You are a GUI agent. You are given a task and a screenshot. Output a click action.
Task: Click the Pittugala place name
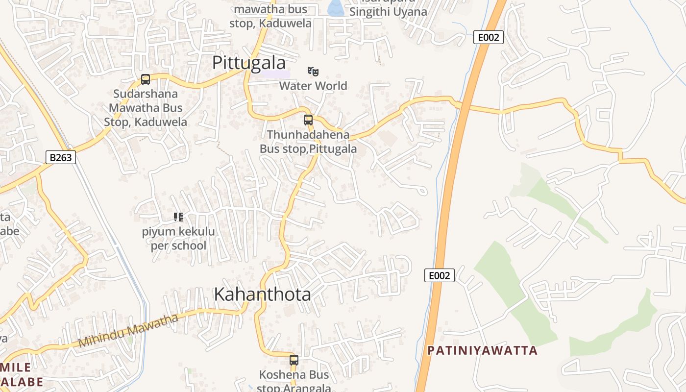tap(249, 63)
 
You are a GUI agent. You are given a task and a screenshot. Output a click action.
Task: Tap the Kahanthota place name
tap(263, 294)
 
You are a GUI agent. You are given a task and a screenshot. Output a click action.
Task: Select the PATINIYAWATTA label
tap(483, 351)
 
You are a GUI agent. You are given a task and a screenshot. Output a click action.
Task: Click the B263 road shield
tap(61, 157)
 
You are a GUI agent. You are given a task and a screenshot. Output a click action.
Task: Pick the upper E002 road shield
tap(489, 37)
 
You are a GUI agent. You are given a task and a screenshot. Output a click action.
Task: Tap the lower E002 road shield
tap(440, 275)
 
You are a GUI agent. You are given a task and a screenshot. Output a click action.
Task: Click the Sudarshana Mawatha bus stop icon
tap(146, 79)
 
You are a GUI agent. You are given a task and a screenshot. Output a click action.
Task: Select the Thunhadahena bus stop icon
tap(308, 120)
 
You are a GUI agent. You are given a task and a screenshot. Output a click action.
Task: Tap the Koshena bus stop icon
tap(294, 360)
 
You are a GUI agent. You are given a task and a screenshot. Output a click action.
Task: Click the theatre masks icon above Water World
tap(313, 72)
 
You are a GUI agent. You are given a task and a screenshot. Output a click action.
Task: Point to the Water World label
tap(313, 86)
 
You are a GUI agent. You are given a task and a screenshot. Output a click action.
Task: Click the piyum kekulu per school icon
tap(178, 217)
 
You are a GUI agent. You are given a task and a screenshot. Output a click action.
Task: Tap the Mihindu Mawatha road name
tap(128, 331)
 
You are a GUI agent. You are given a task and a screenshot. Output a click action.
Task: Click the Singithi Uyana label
tap(388, 12)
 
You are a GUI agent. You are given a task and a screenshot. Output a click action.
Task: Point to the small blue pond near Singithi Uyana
tap(336, 7)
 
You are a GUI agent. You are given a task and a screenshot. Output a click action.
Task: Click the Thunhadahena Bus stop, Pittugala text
tap(308, 142)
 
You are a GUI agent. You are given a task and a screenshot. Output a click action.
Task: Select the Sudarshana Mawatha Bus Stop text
tap(146, 108)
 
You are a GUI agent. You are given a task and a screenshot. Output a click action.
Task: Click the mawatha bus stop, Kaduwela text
tap(270, 16)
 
